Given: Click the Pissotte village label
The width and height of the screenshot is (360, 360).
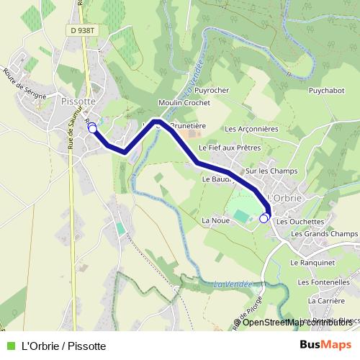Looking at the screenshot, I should pos(79,102).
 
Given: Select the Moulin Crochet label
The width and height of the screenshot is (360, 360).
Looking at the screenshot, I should pos(184,103).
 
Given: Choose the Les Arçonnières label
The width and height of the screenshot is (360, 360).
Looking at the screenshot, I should pos(251,130).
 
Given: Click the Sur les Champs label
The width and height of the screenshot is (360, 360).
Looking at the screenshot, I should pos(272,171).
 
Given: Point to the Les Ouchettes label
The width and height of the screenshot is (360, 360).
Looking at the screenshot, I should pos(300,222).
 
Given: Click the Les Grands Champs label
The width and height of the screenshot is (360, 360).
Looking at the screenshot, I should pos(324,234).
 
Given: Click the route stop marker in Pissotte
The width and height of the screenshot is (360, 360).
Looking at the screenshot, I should pos(92,127).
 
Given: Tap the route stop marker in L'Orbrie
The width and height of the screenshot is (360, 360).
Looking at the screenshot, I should pos(264,217).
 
